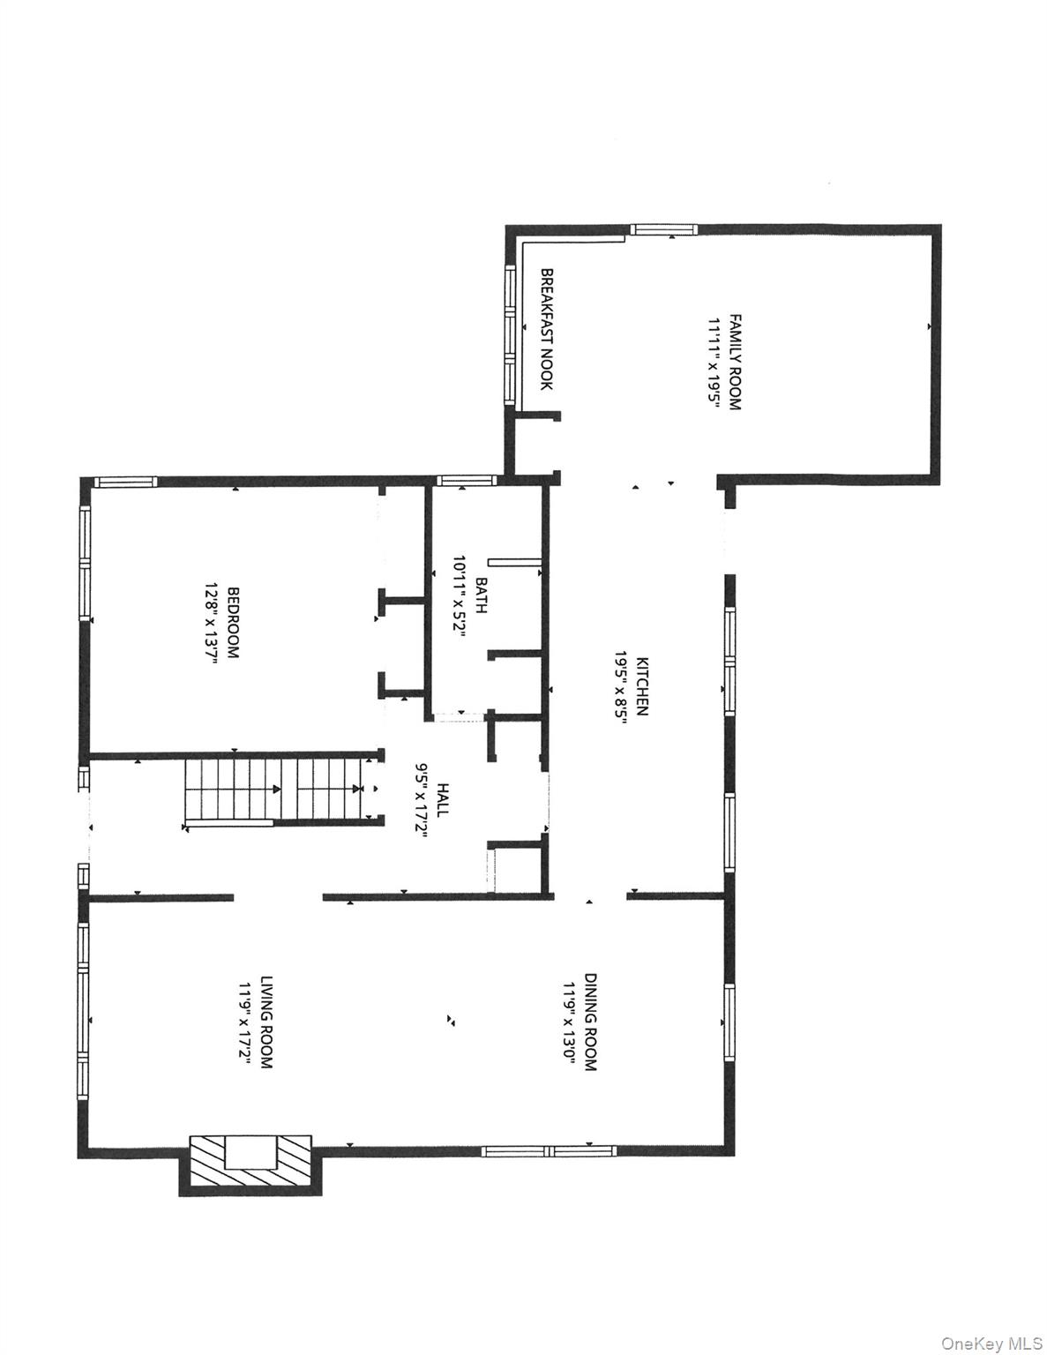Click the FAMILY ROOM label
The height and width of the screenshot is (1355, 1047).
735,363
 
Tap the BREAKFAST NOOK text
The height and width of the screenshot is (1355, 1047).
547,329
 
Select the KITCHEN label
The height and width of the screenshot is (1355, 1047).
643,685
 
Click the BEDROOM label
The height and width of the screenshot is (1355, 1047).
234,623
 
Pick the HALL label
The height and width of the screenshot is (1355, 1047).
442,799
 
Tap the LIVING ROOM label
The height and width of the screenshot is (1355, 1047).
265,1022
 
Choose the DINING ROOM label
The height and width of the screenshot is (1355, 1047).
590,1022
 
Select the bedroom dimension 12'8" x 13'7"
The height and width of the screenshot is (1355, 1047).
212,623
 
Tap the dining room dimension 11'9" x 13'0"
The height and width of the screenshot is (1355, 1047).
570,1022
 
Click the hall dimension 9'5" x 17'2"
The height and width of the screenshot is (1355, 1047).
422,799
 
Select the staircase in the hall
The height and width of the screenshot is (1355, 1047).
273,790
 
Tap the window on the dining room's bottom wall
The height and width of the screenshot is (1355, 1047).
548,1150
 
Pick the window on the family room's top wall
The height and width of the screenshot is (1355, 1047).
663,229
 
